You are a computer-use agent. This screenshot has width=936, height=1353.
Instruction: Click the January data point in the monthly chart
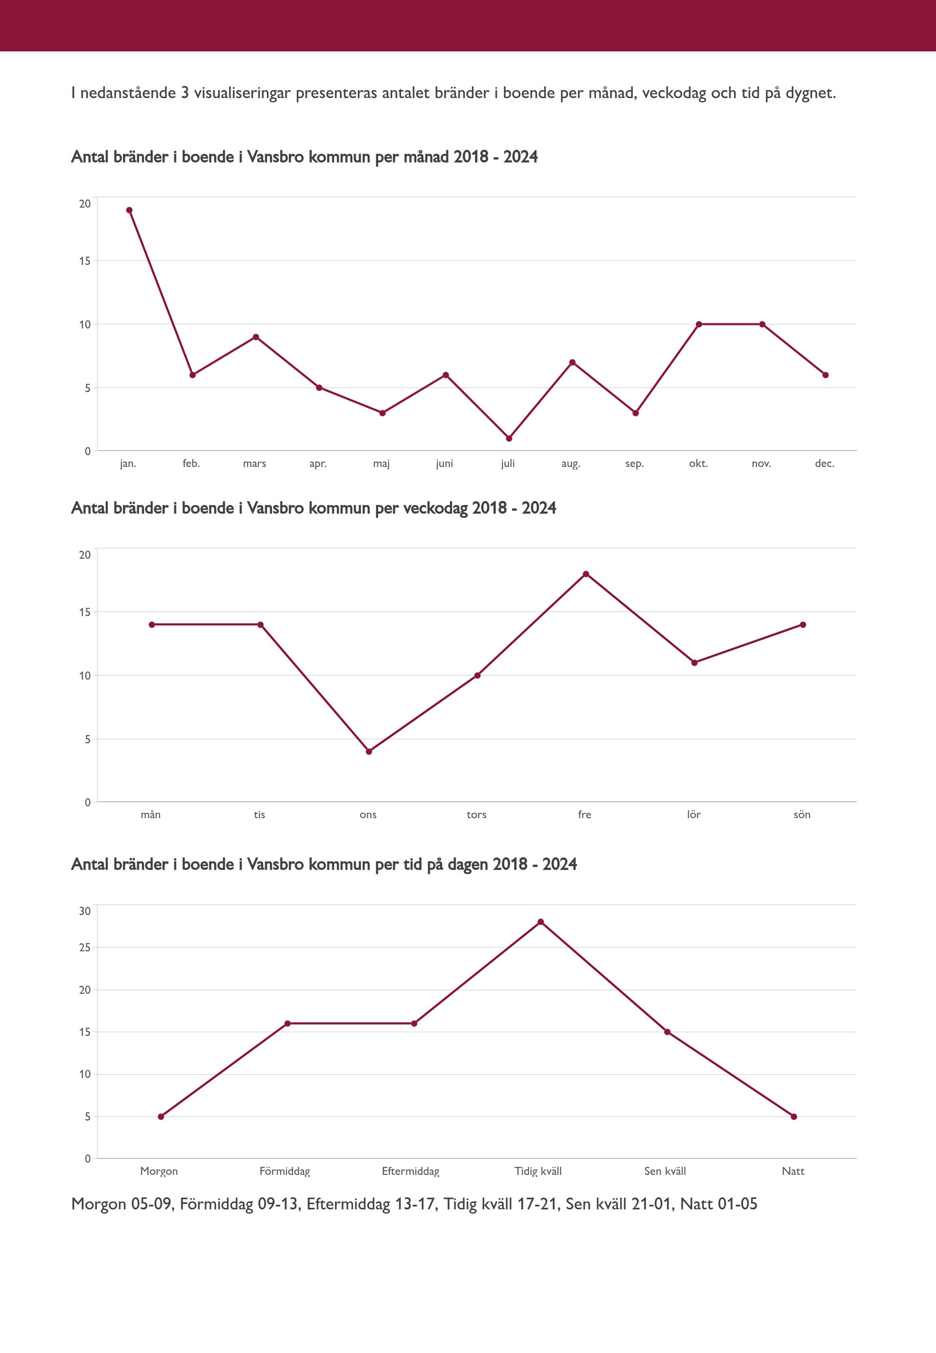point(129,210)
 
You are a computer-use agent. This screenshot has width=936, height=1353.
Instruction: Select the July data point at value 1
point(509,438)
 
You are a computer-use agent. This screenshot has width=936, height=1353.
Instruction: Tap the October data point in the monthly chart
point(699,324)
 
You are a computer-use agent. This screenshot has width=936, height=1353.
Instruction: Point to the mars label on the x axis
point(254,463)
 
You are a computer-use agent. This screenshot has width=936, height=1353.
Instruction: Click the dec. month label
point(824,463)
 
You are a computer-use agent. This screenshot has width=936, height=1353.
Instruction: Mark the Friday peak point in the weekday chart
point(586,574)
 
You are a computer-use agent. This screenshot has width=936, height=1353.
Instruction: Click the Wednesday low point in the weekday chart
point(369,751)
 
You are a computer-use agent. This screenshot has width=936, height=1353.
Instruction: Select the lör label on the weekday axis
point(694,814)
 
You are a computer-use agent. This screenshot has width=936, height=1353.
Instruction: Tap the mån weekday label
point(151,814)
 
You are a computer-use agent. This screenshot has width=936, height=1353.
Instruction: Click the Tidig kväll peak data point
point(541,922)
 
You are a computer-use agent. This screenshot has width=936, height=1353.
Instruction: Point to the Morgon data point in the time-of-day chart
point(161,1117)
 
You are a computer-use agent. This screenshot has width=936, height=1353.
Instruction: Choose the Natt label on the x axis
point(793,1171)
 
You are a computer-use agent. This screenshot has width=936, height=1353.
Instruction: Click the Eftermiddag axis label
point(411,1171)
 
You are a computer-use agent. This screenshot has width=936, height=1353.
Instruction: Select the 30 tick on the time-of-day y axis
point(85,911)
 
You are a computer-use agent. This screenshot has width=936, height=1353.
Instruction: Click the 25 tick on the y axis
point(85,947)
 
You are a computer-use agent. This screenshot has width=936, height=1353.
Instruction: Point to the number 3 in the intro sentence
point(185,93)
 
